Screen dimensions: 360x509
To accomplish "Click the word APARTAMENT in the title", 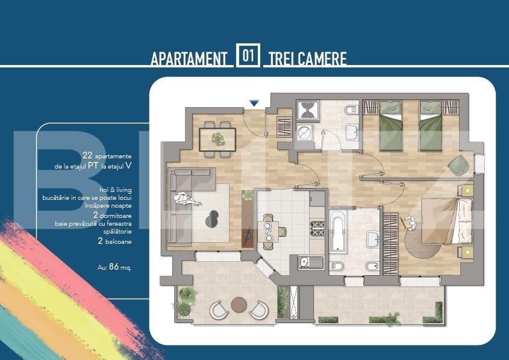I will pyautogui.click(x=189, y=59).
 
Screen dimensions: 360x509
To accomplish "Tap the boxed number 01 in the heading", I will pyautogui.click(x=248, y=57).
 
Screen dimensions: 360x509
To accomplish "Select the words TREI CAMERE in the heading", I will pyautogui.click(x=307, y=59).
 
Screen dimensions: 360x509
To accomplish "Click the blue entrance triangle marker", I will pyautogui.click(x=254, y=104).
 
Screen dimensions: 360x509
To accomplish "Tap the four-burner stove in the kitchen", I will pyautogui.click(x=317, y=229).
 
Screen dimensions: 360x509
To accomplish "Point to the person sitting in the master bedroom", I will pyautogui.click(x=411, y=223).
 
